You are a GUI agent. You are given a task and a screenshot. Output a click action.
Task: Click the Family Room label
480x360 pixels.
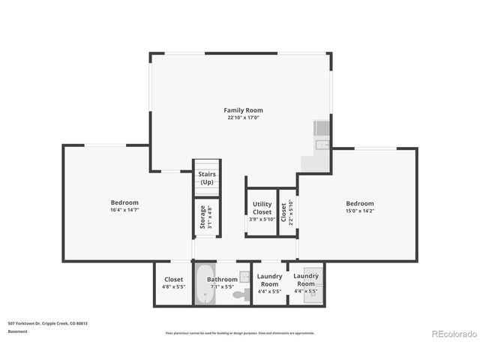coord(243,110)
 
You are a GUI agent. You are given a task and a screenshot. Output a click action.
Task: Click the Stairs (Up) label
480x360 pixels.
coord(206,178)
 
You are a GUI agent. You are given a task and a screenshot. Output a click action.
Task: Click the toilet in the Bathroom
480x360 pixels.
coord(239,295)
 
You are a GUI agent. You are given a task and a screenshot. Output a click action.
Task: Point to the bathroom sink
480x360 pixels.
coord(244,277)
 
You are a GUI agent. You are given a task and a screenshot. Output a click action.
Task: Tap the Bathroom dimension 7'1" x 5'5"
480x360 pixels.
coord(222,286)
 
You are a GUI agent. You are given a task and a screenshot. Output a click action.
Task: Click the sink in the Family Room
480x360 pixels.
coord(322,145)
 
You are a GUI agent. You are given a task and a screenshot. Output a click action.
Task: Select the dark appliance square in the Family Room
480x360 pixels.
coord(321,127)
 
